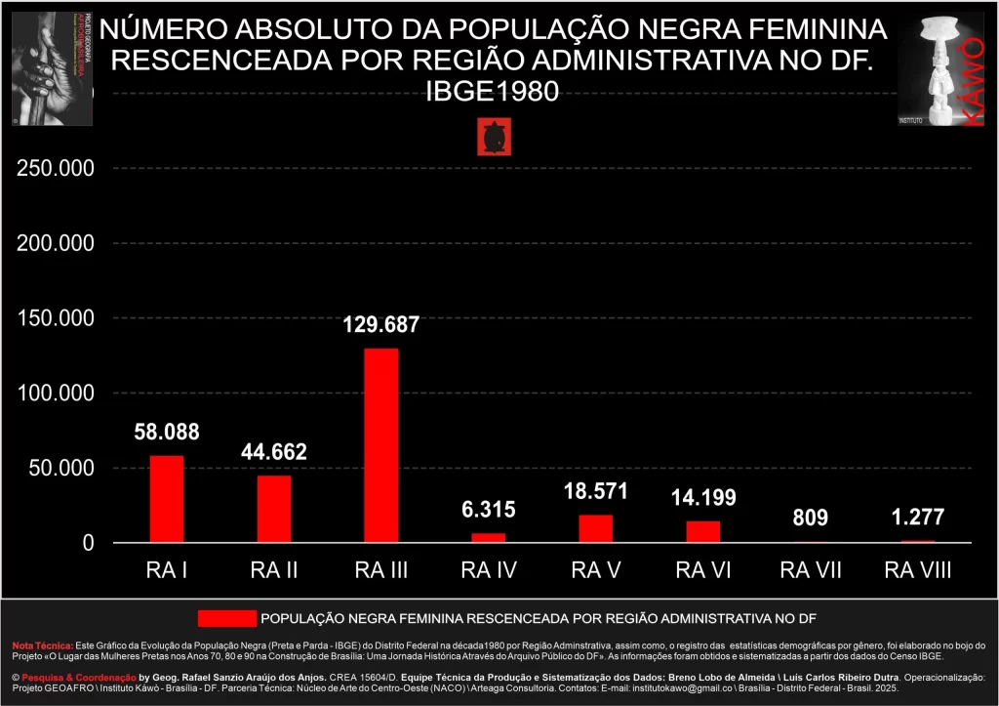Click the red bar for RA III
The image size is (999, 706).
tap(381, 445)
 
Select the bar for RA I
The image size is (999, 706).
tap(167, 498)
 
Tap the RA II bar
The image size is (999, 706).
tap(274, 509)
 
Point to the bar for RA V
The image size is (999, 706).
tap(596, 528)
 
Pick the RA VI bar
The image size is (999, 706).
tap(702, 531)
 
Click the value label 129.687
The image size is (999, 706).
tap(381, 325)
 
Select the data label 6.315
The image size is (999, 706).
tap(489, 510)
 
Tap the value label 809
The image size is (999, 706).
tap(810, 519)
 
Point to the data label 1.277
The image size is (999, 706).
tap(917, 519)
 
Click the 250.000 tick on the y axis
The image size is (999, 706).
tap(56, 168)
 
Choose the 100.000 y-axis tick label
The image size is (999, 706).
tap(56, 394)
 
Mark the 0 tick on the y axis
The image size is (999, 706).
tap(88, 543)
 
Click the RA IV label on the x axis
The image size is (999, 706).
tap(489, 570)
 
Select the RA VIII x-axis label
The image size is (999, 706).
tap(917, 570)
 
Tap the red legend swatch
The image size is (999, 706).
tap(225, 618)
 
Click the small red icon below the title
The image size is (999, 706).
tap(494, 138)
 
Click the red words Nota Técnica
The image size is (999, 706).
tap(42, 645)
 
